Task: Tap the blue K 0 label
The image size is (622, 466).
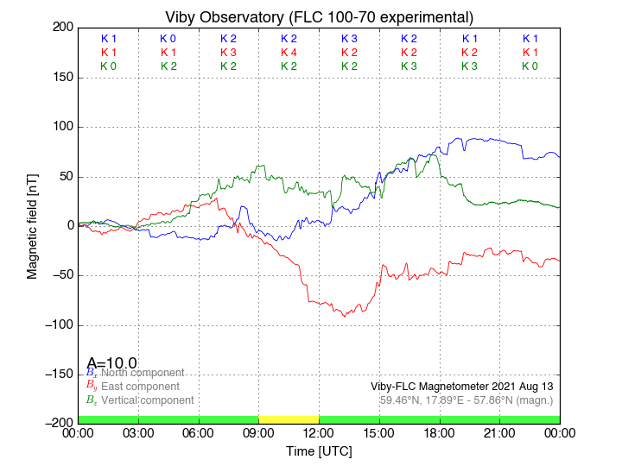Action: click(168, 39)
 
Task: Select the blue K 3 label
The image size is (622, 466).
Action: click(349, 39)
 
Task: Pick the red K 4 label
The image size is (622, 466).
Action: click(289, 53)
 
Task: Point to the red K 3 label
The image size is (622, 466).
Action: click(228, 53)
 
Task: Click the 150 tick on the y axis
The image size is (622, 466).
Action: click(60, 78)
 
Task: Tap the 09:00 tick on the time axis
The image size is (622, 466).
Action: click(259, 432)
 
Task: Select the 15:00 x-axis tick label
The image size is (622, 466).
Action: click(379, 432)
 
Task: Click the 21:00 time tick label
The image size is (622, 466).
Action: click(499, 432)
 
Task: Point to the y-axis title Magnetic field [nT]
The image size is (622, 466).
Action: click(32, 224)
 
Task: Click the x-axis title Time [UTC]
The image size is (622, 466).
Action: click(319, 451)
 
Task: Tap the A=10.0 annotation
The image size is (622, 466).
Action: click(111, 363)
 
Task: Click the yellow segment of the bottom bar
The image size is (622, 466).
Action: click(289, 419)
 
